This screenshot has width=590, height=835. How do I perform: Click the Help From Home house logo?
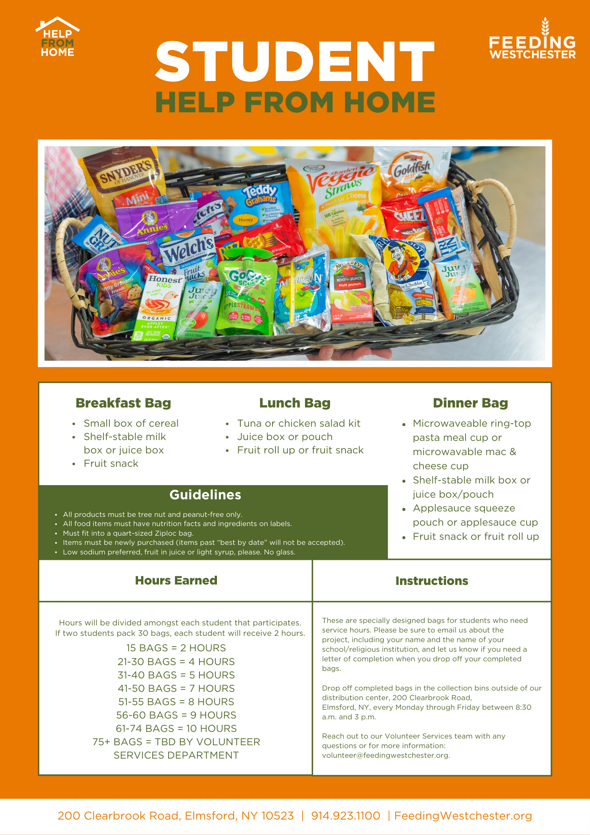58,38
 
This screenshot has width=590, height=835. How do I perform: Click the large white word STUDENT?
295,62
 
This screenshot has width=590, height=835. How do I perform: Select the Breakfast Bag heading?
124,403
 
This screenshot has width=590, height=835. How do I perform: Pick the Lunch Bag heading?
295,403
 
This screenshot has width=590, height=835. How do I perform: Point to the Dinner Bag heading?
470,403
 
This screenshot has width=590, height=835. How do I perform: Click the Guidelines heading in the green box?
205,495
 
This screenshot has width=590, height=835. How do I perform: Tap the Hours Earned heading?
176,580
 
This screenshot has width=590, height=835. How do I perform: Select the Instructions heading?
431,581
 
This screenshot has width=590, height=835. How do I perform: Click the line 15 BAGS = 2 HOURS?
176,648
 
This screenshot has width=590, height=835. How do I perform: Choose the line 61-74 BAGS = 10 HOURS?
176,729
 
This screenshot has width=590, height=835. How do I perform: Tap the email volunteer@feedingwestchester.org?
386,755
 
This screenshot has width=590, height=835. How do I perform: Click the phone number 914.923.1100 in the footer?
345,816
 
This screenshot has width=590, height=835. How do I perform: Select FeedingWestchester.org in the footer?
463,816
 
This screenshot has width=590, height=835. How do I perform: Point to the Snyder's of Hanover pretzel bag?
125,175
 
